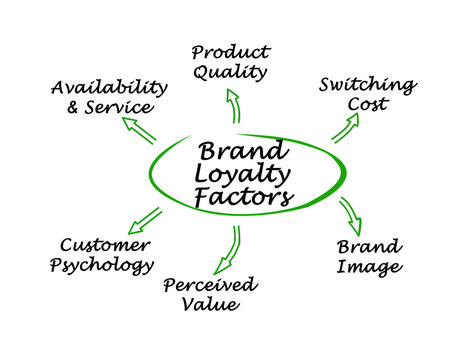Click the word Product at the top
230,52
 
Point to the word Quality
231,72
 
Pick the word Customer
105,244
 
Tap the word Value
211,306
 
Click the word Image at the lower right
369,267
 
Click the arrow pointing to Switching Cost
345,128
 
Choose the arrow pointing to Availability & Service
139,129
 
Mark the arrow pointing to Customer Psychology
146,218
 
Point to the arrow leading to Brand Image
350,212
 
